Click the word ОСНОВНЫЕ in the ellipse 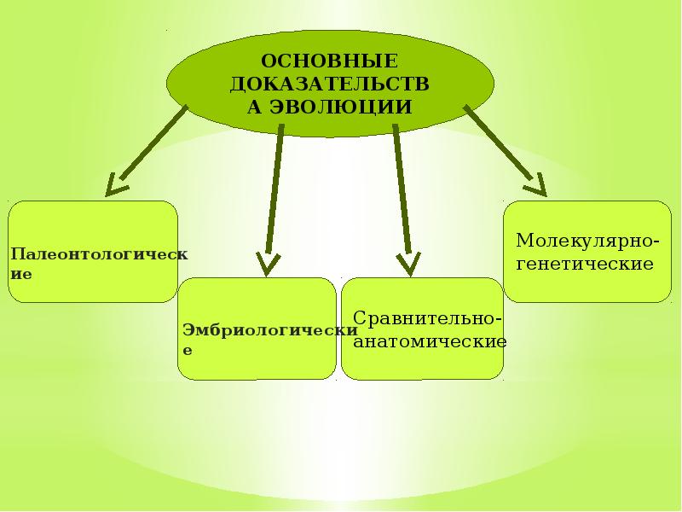(329, 61)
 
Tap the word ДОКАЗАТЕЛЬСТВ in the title (329, 84)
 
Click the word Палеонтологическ (99, 255)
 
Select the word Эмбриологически (268, 331)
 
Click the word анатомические (430, 341)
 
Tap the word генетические (585, 264)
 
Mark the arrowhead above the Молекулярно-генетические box (535, 185)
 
